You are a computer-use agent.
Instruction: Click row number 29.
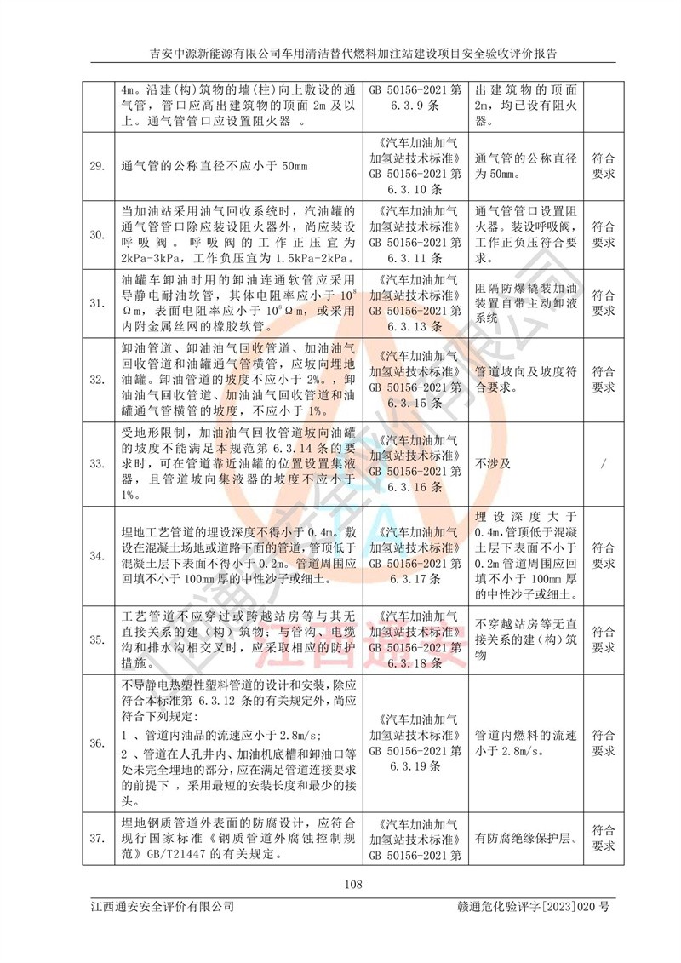[x=98, y=164]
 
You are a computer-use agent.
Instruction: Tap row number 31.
[x=98, y=301]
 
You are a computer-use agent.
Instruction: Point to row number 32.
[x=98, y=379]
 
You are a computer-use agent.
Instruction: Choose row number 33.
[x=98, y=463]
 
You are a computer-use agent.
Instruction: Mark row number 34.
[x=98, y=555]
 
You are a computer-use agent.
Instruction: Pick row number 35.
[x=98, y=639]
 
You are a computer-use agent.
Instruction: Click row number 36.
[x=98, y=742]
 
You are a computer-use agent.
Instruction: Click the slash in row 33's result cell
[x=604, y=463]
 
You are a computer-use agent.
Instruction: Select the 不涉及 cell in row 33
[x=493, y=463]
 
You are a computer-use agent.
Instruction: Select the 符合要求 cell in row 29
[x=604, y=164]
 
